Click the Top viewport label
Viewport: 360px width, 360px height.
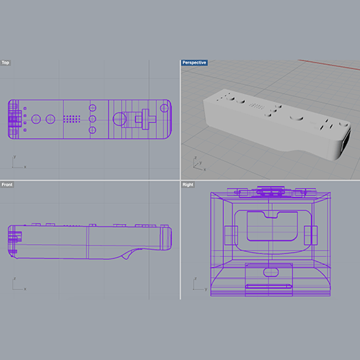pos(6,63)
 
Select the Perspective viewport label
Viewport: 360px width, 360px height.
pos(194,63)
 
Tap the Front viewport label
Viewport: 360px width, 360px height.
pos(6,185)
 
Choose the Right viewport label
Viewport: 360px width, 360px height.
pos(188,185)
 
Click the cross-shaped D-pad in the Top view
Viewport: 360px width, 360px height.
pos(145,118)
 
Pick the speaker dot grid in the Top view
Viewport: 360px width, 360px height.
pos(71,118)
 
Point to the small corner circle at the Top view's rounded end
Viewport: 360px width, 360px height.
pos(164,108)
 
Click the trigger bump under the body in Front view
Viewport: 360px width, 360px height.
pos(130,254)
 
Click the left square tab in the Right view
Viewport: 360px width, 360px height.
pos(228,235)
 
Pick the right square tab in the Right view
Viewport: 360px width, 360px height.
pos(313,235)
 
